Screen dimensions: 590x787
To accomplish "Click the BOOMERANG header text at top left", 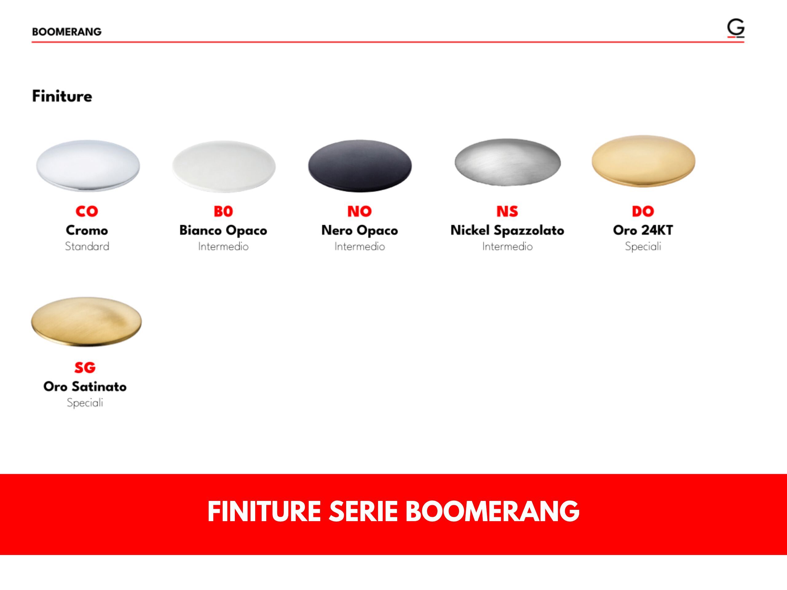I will tap(66, 32).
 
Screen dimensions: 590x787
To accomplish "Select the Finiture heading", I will tap(62, 96).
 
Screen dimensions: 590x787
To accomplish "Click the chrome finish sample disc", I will tap(88, 165).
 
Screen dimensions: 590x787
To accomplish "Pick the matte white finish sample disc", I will tap(224, 166).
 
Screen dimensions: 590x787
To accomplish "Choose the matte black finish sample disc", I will tap(360, 166).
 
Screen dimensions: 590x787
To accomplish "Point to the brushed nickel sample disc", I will tap(507, 162).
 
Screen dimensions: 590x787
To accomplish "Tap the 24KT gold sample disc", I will tap(643, 161).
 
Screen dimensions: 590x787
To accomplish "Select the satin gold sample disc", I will tap(86, 321).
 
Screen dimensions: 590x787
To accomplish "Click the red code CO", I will tap(86, 211).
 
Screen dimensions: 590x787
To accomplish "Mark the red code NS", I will tap(507, 211).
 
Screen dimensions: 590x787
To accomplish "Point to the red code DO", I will tap(643, 211).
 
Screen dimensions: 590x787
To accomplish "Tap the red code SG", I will tap(85, 368).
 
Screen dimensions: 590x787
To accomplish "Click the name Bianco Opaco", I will tap(223, 230).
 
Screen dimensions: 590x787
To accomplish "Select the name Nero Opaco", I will tap(359, 230).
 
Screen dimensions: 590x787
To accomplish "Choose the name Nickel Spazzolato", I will tap(507, 230).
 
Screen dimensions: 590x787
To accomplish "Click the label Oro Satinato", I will tap(85, 387).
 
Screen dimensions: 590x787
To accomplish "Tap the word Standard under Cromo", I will tap(87, 246).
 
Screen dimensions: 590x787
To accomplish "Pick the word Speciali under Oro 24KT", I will tap(643, 246).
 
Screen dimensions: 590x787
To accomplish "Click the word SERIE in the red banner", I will tap(362, 511).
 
